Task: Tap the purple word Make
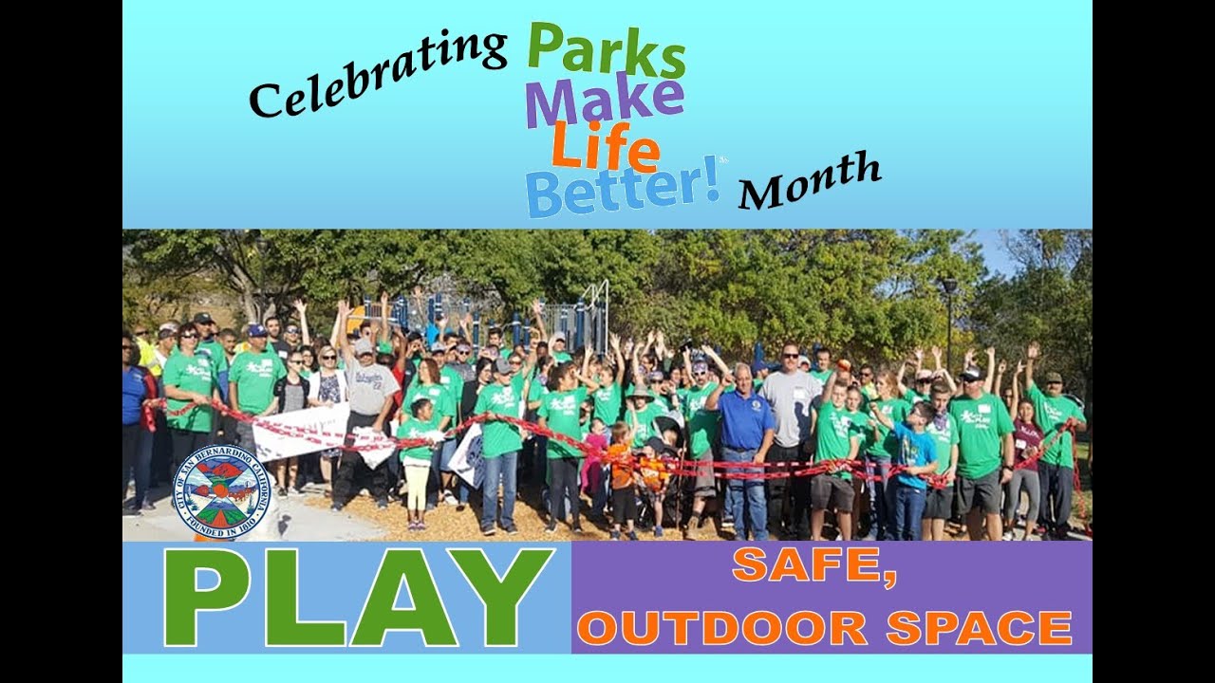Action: click(x=604, y=101)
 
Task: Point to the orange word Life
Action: click(x=605, y=148)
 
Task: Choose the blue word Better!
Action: click(x=623, y=189)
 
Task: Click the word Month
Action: click(x=809, y=181)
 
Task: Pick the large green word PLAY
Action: click(x=357, y=597)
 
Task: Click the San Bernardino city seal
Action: click(x=222, y=491)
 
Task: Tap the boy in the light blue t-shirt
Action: click(x=913, y=465)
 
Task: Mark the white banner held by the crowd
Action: click(x=302, y=430)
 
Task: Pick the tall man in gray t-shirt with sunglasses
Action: click(x=788, y=408)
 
